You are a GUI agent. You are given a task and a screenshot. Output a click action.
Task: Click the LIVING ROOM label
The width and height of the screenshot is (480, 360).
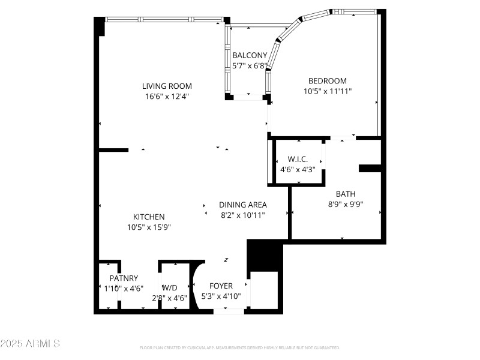coord(167,86)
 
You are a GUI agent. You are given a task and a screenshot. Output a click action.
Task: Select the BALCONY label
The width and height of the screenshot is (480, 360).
coord(250,55)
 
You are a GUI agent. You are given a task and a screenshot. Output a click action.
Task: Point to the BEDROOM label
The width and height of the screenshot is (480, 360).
coord(327,81)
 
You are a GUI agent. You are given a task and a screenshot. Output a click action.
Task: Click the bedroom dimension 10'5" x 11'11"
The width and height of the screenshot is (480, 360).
coord(327,91)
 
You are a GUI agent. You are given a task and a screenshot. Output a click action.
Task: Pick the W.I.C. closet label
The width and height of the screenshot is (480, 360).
coord(298,159)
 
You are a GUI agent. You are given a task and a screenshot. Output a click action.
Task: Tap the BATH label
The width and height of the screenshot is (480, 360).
coord(345,194)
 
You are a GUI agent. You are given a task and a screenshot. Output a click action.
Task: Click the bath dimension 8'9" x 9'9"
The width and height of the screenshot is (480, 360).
coord(345,204)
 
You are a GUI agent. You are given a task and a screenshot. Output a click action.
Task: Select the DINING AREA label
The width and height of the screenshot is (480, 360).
coord(242,205)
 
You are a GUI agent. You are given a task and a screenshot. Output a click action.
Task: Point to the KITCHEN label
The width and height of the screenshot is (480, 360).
coord(149,217)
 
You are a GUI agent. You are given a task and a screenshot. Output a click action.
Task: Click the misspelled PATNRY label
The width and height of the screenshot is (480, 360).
coord(124,278)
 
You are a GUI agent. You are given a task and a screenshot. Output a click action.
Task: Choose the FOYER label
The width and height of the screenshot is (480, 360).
coord(221,286)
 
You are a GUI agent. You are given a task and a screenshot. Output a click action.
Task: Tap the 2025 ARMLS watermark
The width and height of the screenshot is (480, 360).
coord(30,344)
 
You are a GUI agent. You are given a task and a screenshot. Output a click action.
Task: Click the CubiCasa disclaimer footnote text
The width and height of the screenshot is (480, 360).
coord(240,347)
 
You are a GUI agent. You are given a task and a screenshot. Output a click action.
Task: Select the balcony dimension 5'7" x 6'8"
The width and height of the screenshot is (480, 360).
coord(250,65)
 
